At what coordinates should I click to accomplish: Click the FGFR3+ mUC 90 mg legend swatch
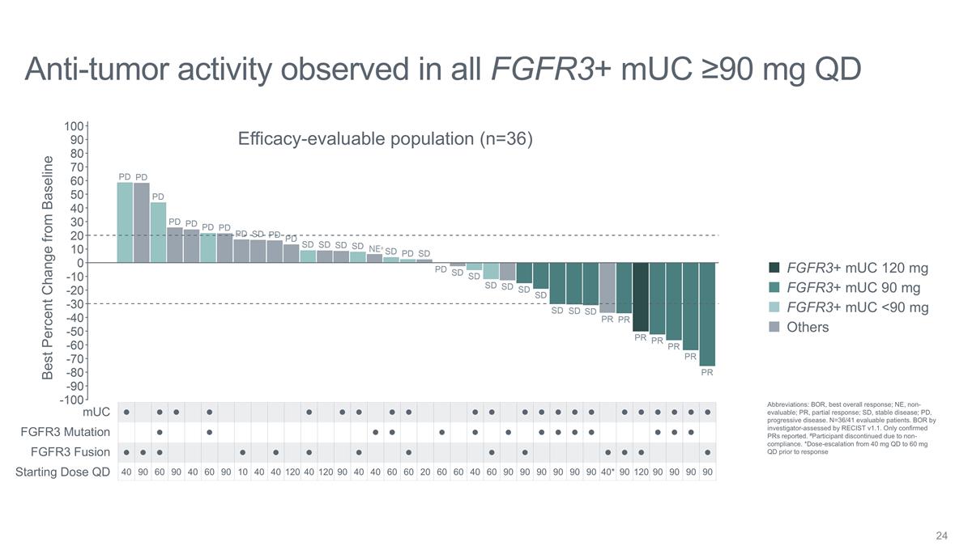(774, 288)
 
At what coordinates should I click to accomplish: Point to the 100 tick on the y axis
(74, 126)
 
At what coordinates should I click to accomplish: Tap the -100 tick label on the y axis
(71, 400)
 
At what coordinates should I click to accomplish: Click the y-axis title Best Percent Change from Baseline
(48, 267)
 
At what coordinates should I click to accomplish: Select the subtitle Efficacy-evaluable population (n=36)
(385, 139)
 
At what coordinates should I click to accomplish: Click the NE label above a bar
(375, 249)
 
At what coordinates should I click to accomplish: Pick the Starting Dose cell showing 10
(243, 472)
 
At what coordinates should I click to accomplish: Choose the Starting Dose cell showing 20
(425, 472)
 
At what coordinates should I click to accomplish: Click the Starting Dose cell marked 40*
(607, 472)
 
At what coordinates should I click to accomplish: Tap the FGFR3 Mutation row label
(65, 432)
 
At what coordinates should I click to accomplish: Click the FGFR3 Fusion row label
(70, 452)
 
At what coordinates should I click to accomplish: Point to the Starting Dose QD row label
(62, 472)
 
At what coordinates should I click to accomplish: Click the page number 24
(941, 535)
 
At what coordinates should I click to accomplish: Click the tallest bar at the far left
(125, 222)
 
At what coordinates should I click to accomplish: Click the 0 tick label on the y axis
(79, 263)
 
